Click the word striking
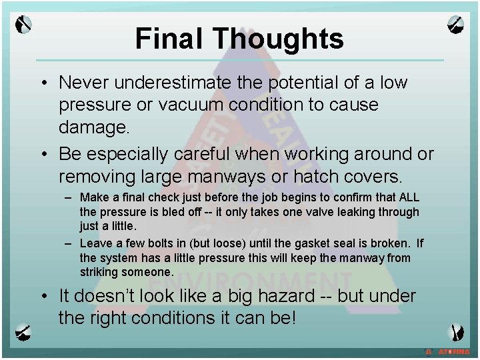point(99,271)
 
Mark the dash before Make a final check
point(69,198)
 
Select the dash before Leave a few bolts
point(69,244)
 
